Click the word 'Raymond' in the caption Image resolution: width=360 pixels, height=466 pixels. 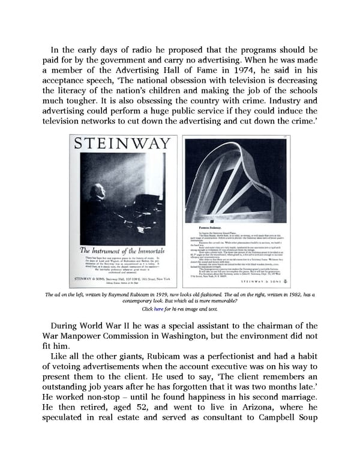[x=110, y=294]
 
